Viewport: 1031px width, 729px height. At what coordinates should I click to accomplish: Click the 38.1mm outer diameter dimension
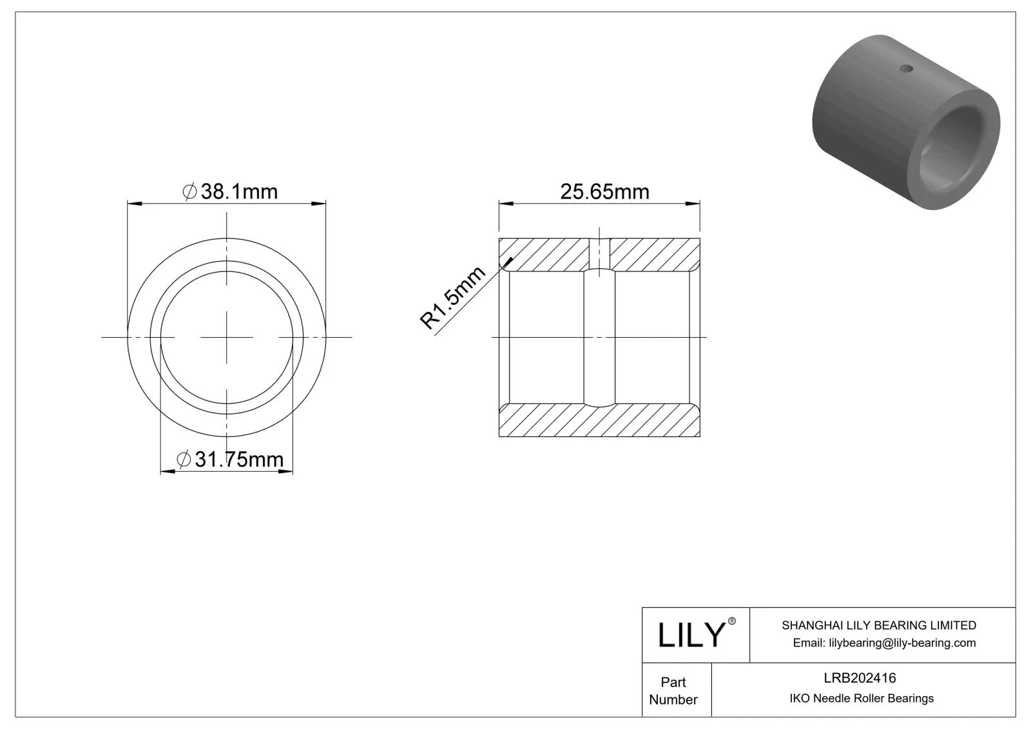pyautogui.click(x=231, y=191)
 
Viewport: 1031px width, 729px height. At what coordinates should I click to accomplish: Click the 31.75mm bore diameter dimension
pyautogui.click(x=231, y=459)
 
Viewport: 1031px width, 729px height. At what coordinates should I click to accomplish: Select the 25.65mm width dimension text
pyautogui.click(x=604, y=191)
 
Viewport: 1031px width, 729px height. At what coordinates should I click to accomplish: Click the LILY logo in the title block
pyautogui.click(x=691, y=635)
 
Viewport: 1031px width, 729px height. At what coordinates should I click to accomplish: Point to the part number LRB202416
pyautogui.click(x=860, y=677)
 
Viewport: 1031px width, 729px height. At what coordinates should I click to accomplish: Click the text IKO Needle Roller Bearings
pyautogui.click(x=861, y=698)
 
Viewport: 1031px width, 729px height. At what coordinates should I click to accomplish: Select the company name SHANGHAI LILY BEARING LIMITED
pyautogui.click(x=878, y=625)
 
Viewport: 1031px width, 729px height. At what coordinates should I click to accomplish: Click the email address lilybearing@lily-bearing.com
pyautogui.click(x=884, y=643)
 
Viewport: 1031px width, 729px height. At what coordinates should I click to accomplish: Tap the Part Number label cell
pyautogui.click(x=673, y=690)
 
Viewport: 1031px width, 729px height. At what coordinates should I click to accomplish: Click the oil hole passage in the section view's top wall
pyautogui.click(x=599, y=253)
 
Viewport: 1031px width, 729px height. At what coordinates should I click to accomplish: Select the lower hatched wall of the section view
pyautogui.click(x=599, y=420)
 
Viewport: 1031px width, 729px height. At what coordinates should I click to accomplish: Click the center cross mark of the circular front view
pyautogui.click(x=226, y=337)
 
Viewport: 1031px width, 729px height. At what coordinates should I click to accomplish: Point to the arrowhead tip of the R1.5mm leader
pyautogui.click(x=512, y=259)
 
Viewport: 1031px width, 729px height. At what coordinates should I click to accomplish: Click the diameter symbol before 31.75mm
pyautogui.click(x=183, y=459)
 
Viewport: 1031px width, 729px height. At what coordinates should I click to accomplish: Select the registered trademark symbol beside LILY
pyautogui.click(x=731, y=621)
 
